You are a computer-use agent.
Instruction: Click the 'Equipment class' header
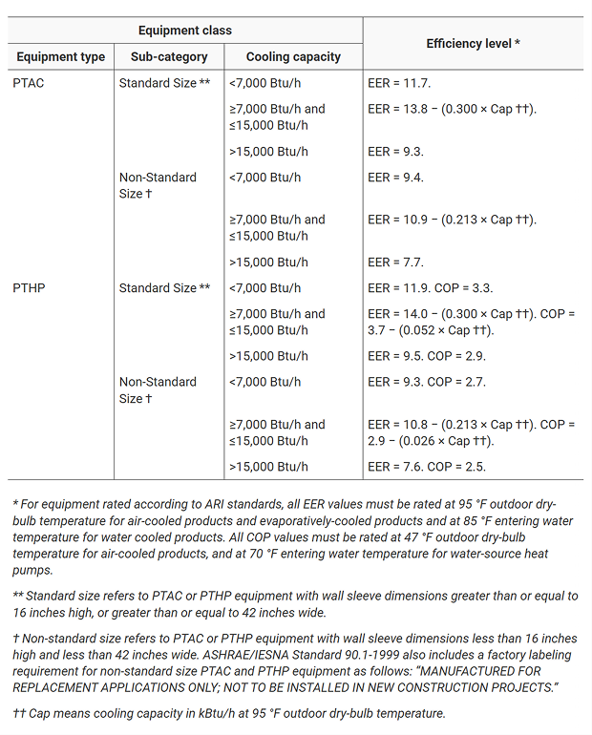[x=185, y=31]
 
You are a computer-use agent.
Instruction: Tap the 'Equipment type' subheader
[x=61, y=57]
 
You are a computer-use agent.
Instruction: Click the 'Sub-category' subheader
[x=163, y=57]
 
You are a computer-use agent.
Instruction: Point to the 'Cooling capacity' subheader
[x=293, y=57]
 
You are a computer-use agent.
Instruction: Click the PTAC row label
[x=29, y=83]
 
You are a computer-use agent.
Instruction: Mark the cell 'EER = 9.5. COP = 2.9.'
[x=425, y=356]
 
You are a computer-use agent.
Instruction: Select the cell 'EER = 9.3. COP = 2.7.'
[x=425, y=382]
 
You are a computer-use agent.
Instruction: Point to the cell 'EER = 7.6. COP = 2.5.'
[x=425, y=467]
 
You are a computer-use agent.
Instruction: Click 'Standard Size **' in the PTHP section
[x=164, y=288]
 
